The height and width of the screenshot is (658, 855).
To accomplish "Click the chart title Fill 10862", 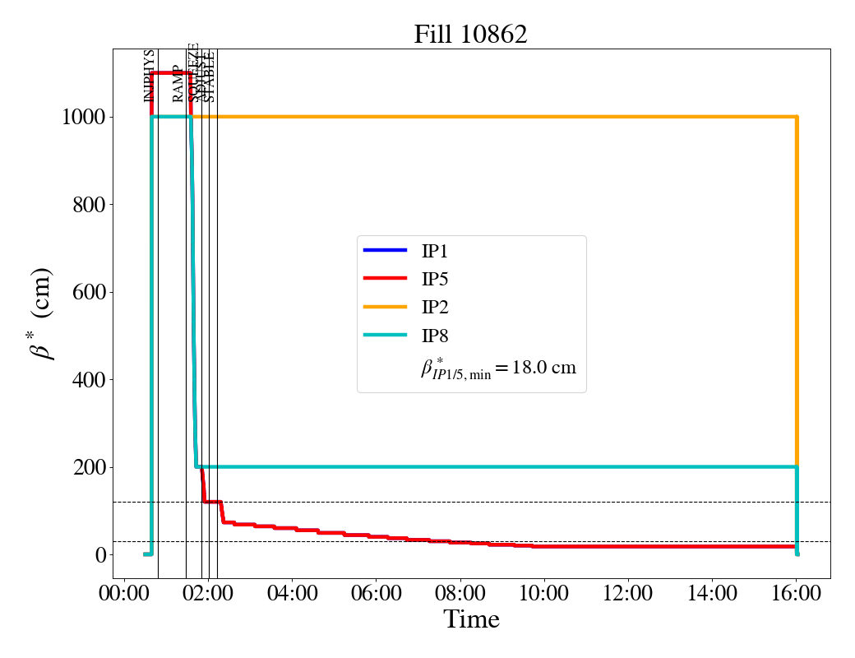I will click(470, 35).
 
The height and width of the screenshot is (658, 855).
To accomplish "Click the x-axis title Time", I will click(471, 619).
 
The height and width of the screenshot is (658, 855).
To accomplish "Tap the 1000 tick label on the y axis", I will click(83, 117).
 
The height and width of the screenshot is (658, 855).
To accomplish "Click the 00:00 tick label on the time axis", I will click(124, 593).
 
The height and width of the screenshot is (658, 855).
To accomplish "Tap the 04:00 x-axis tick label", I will click(292, 593).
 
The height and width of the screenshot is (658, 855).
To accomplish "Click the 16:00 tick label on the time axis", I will click(797, 593).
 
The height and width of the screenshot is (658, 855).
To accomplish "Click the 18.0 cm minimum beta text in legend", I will click(498, 368).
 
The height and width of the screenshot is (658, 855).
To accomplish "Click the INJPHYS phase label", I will click(150, 76).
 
